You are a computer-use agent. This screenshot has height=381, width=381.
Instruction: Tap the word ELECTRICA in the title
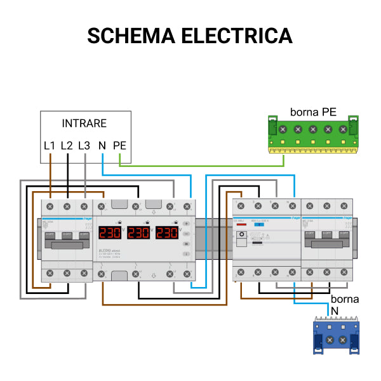coord(237,36)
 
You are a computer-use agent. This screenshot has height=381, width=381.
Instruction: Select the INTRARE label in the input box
coord(84,123)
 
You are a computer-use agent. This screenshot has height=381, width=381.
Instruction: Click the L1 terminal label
coord(50,145)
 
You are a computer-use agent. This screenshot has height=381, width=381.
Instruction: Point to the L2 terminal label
coord(67,145)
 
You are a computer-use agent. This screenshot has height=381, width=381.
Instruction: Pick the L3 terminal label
coord(84,145)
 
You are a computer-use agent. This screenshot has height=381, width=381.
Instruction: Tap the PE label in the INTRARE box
coord(119,145)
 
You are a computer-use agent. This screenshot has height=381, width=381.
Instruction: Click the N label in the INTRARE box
coord(102,145)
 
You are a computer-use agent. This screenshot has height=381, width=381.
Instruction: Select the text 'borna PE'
coord(313,112)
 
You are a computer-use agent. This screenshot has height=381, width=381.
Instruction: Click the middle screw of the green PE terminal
coord(312,130)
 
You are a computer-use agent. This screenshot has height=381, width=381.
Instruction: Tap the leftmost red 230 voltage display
coord(110,232)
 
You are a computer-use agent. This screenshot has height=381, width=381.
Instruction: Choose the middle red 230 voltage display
coord(139,232)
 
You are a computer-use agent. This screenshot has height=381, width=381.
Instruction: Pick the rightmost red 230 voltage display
coord(167,232)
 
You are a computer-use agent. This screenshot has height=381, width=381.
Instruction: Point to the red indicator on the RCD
coord(241,225)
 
